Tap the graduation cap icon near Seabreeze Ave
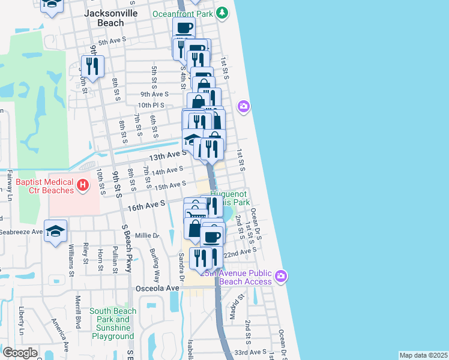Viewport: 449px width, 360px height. point(55,231)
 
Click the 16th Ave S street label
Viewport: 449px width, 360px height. point(146,205)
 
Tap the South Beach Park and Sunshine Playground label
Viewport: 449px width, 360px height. point(113,324)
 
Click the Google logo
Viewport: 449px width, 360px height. point(20,353)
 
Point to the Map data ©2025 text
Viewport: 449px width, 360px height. point(423,355)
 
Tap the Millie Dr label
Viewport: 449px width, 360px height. point(147,236)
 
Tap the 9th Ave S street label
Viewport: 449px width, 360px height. point(154,94)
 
